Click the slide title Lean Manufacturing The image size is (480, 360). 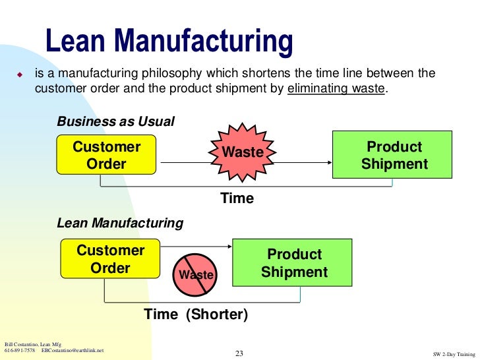point(169,42)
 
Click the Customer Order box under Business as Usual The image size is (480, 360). point(106,155)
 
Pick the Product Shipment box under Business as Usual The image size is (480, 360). point(394,155)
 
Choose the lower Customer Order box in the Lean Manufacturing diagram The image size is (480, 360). point(110,259)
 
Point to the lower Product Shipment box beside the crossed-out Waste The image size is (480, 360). point(294,263)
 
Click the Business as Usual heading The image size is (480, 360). point(116,122)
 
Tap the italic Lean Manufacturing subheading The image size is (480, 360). point(120,224)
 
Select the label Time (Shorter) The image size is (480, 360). point(196,315)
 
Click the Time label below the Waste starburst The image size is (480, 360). point(237,198)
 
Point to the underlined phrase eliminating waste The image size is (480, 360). point(336,88)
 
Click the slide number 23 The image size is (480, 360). point(239,354)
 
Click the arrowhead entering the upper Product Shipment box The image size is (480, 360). point(328,163)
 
